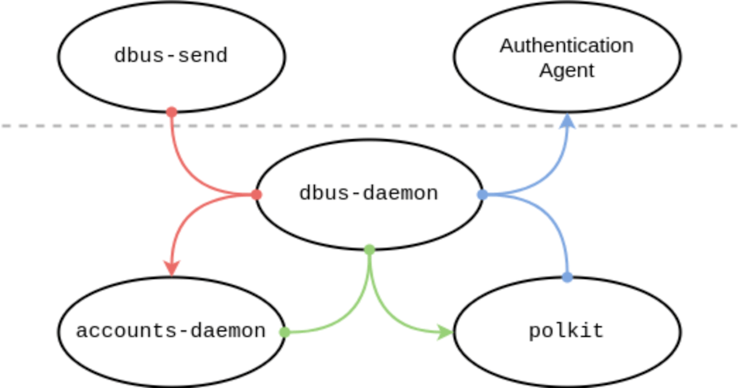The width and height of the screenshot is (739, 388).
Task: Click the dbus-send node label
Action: [171, 56]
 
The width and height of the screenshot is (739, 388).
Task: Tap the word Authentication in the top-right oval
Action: [567, 46]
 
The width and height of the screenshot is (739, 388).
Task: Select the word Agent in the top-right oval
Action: [567, 70]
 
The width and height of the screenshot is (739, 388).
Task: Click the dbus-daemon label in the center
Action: [368, 193]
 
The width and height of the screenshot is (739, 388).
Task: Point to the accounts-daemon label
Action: [171, 331]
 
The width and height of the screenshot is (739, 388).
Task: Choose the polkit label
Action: [567, 331]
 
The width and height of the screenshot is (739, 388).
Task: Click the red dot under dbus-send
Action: [172, 112]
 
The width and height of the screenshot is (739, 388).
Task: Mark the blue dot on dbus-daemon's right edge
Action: [483, 195]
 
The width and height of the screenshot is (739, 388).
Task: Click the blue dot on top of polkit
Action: [567, 278]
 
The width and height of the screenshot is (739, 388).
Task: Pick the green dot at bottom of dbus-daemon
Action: [369, 249]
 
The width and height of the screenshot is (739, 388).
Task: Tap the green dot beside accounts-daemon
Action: [285, 332]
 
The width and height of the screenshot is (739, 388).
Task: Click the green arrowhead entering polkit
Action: [446, 333]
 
